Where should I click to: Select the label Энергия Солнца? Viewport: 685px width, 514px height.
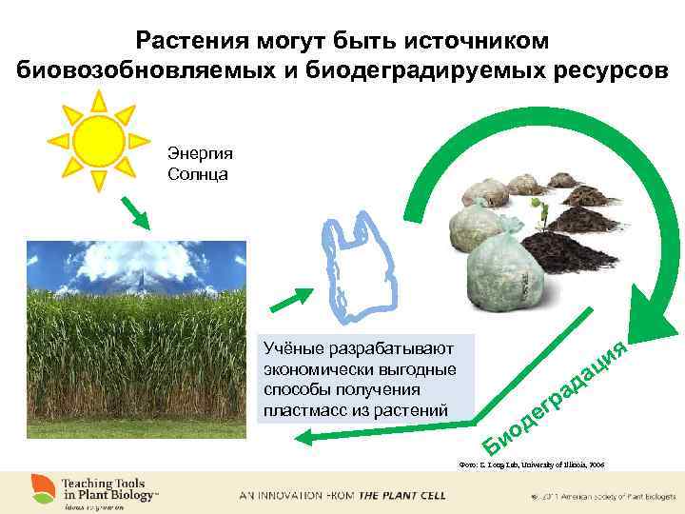(199, 164)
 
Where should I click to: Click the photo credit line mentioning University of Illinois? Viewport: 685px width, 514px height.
(531, 465)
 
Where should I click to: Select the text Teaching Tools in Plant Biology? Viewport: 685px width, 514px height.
(109, 488)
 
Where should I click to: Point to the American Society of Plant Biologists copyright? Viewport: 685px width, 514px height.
(599, 497)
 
